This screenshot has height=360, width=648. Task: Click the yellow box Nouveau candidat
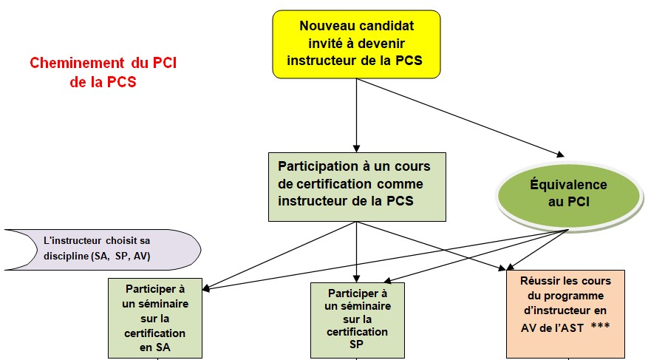coord(356,44)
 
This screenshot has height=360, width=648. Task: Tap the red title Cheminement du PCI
coord(103,72)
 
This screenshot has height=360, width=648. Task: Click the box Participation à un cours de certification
coord(357,186)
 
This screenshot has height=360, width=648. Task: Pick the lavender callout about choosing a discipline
coord(103,248)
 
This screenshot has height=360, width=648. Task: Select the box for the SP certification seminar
coord(358,319)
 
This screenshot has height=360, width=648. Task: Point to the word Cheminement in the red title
coord(71,64)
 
